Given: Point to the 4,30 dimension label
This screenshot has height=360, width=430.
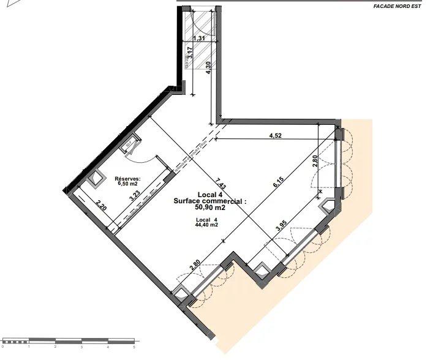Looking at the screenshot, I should pos(209,67).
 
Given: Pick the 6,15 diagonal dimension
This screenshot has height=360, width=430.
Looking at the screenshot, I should pos(277,183).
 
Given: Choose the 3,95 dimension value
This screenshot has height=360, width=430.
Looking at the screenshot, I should pos(281,225).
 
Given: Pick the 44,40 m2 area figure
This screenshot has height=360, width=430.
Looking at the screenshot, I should pos(207,225).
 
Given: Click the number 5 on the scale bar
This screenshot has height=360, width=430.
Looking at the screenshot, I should pos(134,347).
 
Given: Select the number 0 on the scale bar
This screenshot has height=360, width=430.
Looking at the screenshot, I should pos(3,347).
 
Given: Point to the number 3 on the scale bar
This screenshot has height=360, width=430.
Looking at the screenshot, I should pos(81,347).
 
